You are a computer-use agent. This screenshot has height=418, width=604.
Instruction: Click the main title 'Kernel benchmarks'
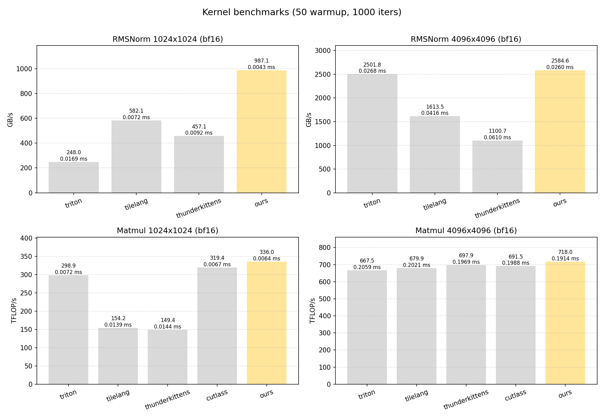(x=302, y=12)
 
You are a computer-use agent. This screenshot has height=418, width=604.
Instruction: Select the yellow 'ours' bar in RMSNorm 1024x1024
(x=261, y=132)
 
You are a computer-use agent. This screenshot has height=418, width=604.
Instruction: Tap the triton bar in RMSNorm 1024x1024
(x=74, y=177)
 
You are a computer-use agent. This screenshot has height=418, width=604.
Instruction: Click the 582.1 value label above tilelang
(x=136, y=111)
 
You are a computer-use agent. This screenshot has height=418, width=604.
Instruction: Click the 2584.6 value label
(x=560, y=61)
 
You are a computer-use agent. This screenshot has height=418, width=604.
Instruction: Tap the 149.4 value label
(x=168, y=320)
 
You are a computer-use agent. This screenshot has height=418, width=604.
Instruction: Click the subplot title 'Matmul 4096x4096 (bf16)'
(x=466, y=231)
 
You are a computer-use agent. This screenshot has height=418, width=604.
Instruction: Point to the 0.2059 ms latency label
(x=367, y=267)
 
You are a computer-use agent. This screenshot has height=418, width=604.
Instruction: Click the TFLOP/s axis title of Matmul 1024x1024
(x=14, y=311)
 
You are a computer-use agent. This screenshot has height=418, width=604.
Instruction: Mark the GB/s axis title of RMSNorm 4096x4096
(x=309, y=120)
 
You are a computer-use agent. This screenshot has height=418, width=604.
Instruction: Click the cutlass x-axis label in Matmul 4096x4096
(x=515, y=395)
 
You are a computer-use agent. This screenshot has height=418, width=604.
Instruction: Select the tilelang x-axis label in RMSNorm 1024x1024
(x=136, y=204)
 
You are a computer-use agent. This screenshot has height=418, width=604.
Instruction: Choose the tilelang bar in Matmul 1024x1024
(x=118, y=356)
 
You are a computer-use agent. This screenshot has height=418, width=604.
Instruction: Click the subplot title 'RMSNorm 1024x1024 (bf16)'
(x=168, y=39)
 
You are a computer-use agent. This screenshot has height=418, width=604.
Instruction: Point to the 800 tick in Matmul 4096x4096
(x=325, y=247)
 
